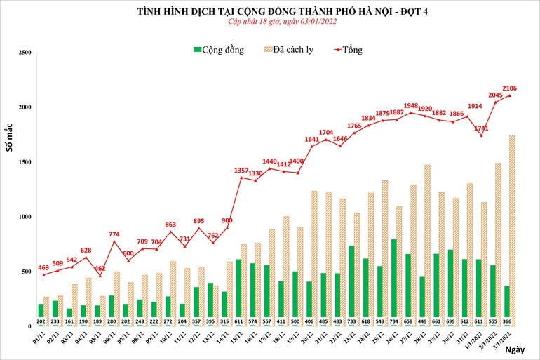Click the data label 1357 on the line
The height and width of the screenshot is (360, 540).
click(241, 170)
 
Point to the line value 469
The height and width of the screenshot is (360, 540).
click(42, 267)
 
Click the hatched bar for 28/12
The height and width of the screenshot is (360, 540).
click(427, 245)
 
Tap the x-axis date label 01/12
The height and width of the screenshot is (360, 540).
click(40, 341)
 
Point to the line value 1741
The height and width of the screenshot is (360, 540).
click(481, 128)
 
